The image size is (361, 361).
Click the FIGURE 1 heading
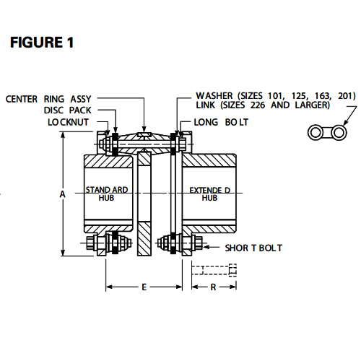42,43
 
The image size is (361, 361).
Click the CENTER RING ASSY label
48,99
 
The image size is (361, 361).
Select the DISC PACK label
68,110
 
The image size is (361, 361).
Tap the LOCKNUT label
69,122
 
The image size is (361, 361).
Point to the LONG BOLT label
221,122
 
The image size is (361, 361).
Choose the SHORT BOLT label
253,248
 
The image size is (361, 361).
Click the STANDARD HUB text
107,193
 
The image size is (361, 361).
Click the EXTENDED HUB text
209,194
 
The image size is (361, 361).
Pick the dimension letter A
63,194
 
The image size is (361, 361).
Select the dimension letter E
144,287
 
